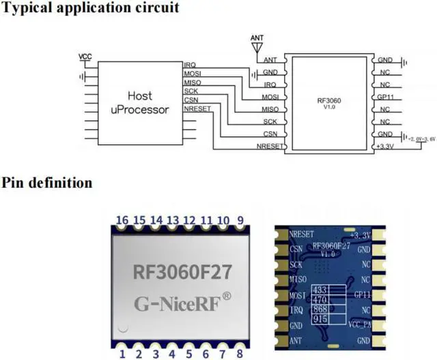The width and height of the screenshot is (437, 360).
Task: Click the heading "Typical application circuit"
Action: [x=91, y=9]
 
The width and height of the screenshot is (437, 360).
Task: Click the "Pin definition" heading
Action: [x=47, y=183]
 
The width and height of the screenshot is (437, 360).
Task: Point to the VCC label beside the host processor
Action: [x=85, y=56]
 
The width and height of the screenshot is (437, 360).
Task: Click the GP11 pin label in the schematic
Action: [x=384, y=97]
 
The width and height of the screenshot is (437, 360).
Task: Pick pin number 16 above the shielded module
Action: [x=122, y=219]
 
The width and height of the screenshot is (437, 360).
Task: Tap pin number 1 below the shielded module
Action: [x=122, y=353]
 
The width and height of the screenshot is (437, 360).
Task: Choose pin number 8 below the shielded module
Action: [x=240, y=353]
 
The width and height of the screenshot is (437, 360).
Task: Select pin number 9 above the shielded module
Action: [x=240, y=219]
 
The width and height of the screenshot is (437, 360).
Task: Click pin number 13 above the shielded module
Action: [x=173, y=219]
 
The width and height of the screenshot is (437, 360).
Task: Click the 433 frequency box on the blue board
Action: [x=320, y=290]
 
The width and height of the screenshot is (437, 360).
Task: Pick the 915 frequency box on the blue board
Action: [x=320, y=318]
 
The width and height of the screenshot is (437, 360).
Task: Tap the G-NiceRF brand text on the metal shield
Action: [x=181, y=301]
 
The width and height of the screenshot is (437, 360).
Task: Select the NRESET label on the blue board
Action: [x=301, y=234]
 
